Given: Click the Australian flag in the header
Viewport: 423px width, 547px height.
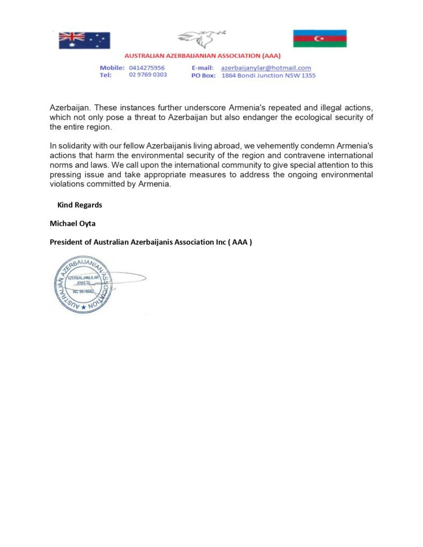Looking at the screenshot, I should pos(84,40).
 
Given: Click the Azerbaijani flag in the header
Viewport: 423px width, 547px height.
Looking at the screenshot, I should pos(319,38).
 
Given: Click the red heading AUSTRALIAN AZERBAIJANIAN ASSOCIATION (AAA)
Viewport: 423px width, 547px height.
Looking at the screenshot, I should pos(202,56).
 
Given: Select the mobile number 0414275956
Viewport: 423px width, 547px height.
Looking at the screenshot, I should pos(147,68).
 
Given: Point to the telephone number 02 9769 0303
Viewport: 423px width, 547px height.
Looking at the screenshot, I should pos(148,75).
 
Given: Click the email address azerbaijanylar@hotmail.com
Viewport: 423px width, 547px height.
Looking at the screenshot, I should pos(266,68).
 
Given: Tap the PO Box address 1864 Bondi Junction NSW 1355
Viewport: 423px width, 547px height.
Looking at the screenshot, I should pos(268,75).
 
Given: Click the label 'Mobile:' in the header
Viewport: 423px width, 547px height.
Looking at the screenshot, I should pos(112,68).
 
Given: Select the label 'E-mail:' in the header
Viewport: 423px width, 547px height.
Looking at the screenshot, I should pos(202,68).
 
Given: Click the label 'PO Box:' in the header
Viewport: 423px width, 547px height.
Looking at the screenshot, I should pos(203,75).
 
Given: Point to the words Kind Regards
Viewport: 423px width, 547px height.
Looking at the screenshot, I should pos(80,205).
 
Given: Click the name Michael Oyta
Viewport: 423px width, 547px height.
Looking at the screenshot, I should pos(73,223).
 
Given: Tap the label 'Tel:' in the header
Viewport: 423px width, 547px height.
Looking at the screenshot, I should pos(105,75).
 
